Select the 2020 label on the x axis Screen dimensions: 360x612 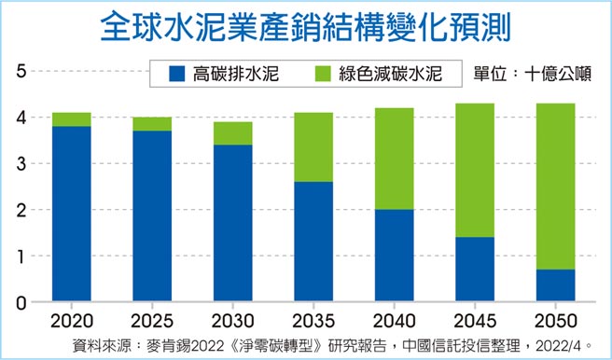pyautogui.click(x=71, y=320)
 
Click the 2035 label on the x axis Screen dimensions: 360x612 pyautogui.click(x=313, y=320)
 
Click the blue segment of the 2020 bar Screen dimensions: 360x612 pyautogui.click(x=71, y=215)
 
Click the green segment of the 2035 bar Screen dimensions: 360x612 pyautogui.click(x=313, y=147)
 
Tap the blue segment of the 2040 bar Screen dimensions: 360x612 pyautogui.click(x=394, y=256)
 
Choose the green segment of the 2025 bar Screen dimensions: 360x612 pyautogui.click(x=152, y=124)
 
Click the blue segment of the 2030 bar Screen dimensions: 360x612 pyautogui.click(x=232, y=224)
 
